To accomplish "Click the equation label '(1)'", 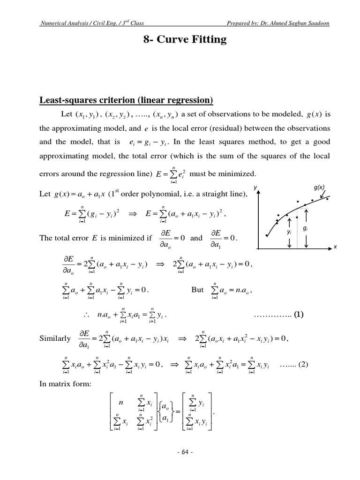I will pos(299,315).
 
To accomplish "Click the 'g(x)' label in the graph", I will pos(319,187).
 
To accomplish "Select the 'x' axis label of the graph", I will pos(336,247).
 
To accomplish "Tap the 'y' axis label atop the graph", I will pos(255,188).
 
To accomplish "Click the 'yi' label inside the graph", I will pos(289,232).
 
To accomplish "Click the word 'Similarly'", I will pos(55,338).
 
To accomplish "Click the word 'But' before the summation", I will pos(197,290).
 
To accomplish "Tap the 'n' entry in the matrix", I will pos(121,402).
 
